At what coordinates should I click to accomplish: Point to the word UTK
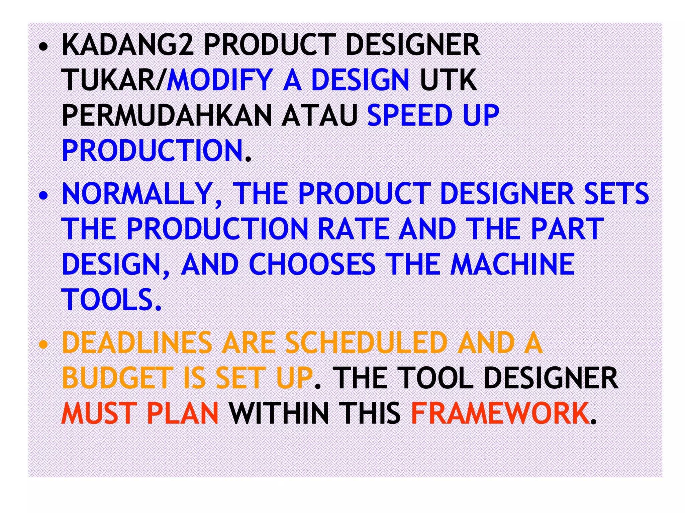coord(448,80)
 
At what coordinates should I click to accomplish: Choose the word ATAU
coord(320,115)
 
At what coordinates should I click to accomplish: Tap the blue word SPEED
coord(410,115)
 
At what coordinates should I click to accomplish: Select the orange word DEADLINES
coord(137,343)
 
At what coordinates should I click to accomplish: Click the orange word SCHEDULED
coord(366,343)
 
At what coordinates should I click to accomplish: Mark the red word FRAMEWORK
coord(500,413)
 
